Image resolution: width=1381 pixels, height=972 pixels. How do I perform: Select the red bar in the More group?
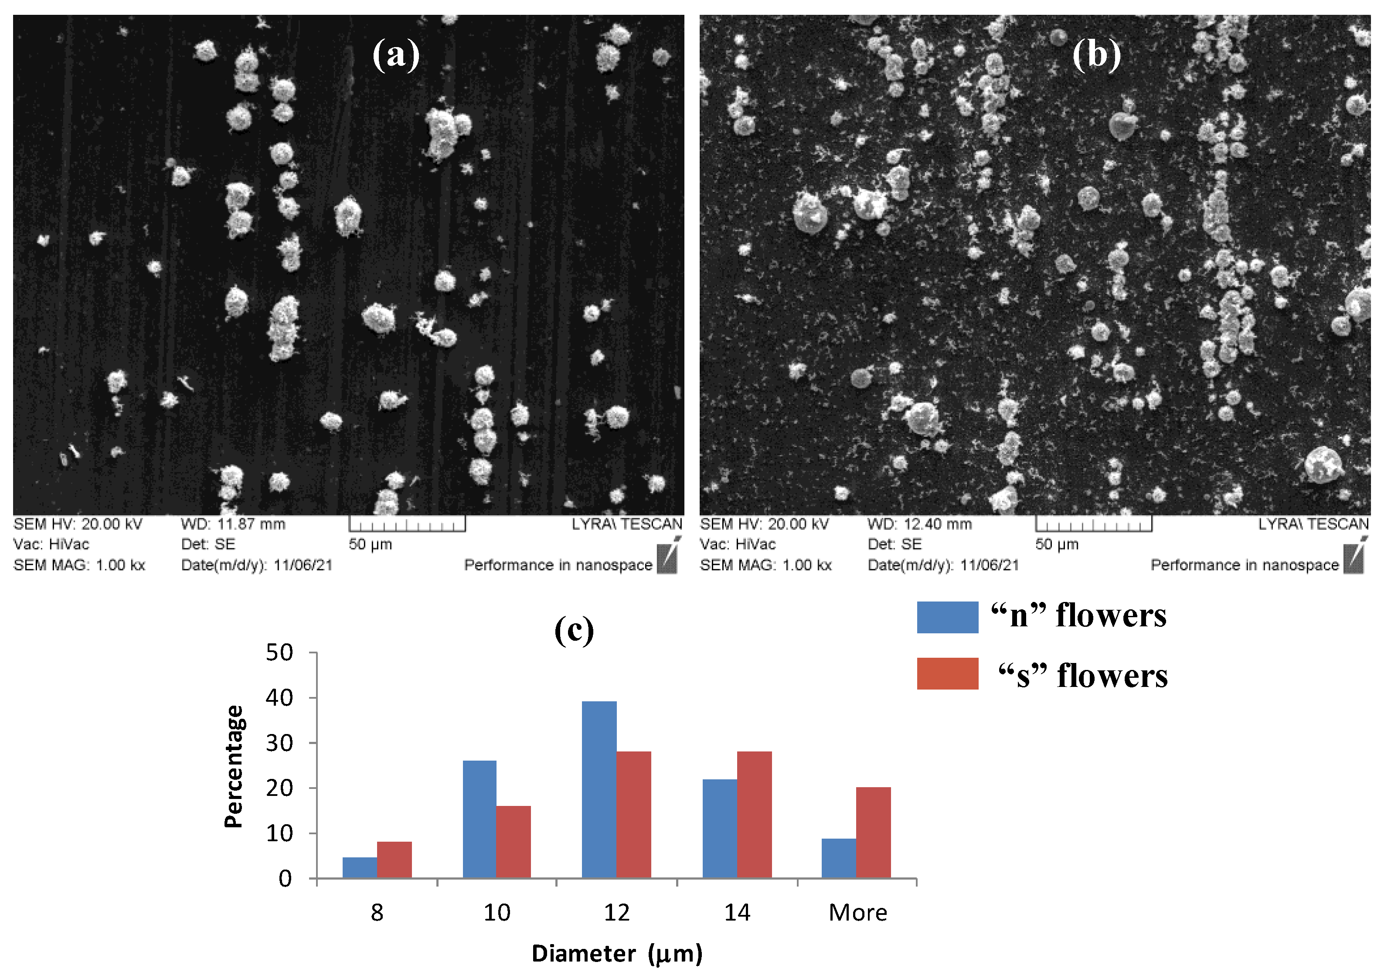(873, 833)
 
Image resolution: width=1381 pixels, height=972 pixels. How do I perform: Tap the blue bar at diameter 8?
(360, 867)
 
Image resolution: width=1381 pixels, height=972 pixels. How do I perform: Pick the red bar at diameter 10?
(513, 842)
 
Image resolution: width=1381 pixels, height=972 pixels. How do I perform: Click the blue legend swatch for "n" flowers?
(947, 617)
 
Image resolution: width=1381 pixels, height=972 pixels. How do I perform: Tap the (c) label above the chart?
(573, 630)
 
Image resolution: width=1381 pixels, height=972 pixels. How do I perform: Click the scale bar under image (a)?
(407, 524)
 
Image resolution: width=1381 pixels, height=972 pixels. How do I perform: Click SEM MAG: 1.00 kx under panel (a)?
(79, 565)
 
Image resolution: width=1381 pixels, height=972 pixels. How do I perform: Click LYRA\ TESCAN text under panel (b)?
(1313, 524)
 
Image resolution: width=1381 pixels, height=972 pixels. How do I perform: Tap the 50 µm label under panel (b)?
(1057, 544)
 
